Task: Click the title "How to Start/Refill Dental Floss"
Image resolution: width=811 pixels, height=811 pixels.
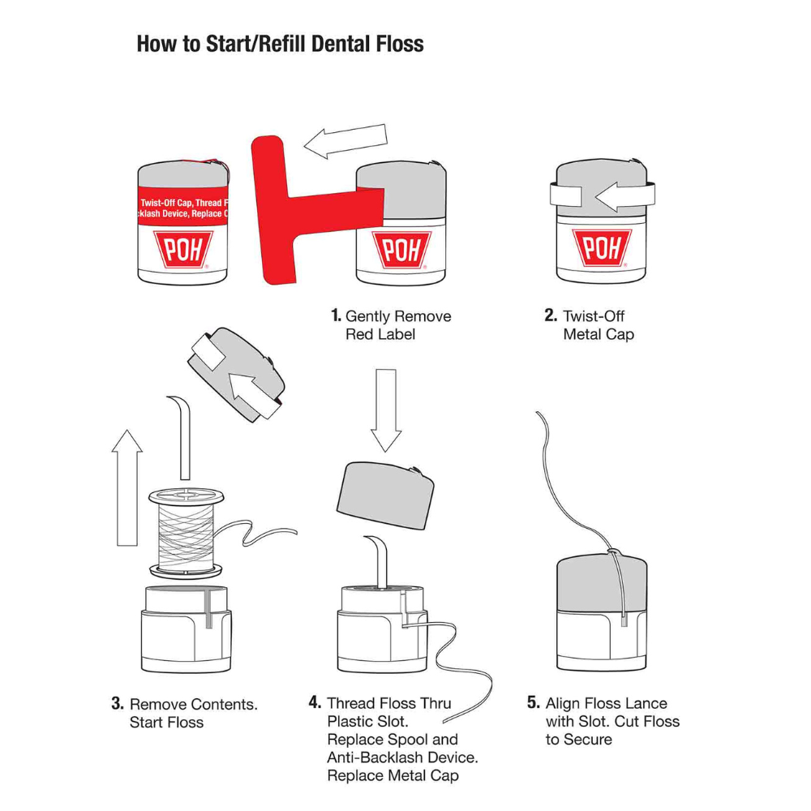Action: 280,44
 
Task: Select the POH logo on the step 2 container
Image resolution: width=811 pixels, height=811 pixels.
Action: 601,248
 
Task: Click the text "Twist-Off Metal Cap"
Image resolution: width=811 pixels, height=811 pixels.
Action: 598,324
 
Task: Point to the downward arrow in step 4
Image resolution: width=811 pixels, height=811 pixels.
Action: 386,410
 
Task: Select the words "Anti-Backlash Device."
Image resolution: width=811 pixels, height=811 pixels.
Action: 402,757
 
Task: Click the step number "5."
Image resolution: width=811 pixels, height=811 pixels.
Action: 534,702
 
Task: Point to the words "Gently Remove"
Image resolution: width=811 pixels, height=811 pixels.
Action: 398,315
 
